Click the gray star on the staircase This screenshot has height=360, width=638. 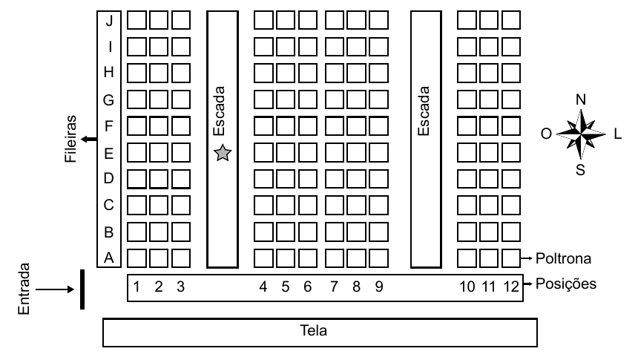(x=223, y=153)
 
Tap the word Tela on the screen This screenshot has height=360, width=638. (x=313, y=330)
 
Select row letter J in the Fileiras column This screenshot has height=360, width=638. (x=109, y=20)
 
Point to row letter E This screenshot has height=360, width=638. (x=108, y=154)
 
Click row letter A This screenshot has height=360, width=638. (x=108, y=258)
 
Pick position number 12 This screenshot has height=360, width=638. (x=511, y=287)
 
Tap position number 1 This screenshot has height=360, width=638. (x=137, y=287)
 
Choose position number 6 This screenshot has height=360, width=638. (x=308, y=287)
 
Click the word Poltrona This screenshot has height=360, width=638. (x=563, y=258)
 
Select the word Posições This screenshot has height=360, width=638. (x=566, y=284)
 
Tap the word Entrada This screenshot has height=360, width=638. (x=24, y=289)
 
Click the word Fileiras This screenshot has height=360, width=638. (x=70, y=139)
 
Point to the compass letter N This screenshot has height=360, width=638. (x=581, y=99)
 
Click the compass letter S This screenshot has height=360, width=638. (x=580, y=170)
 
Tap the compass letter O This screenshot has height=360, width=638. (x=546, y=134)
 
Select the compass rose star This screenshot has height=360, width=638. (x=581, y=133)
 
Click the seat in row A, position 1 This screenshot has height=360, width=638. (x=137, y=258)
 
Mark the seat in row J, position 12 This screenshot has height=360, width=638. (x=511, y=20)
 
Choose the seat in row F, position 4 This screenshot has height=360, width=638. (x=263, y=126)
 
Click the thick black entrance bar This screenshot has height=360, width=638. (x=82, y=289)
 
